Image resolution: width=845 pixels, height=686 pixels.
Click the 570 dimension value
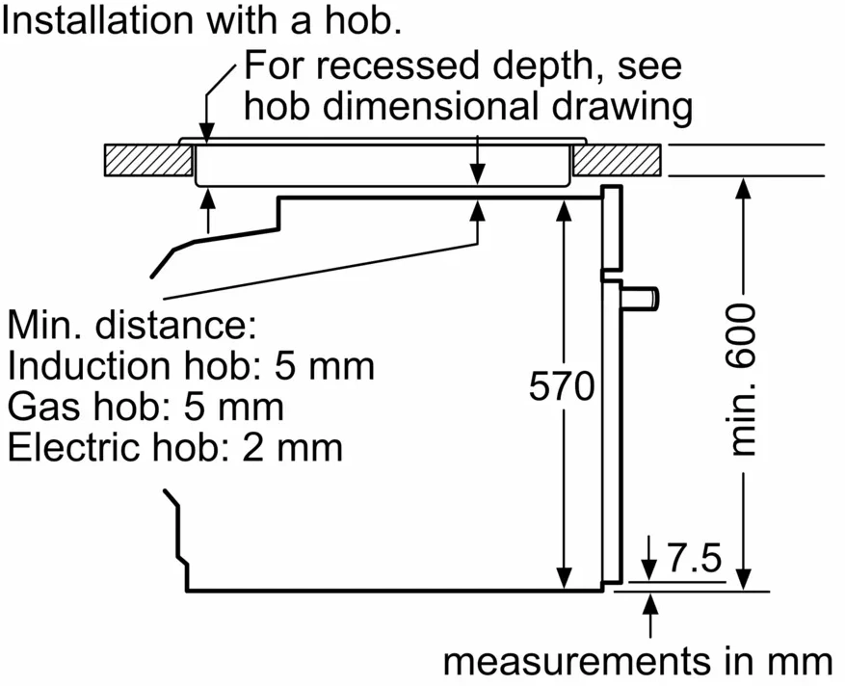563,387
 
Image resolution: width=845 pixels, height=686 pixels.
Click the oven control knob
643,297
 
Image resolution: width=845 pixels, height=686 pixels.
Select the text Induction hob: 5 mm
191,366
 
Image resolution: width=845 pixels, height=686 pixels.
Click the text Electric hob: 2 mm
175,447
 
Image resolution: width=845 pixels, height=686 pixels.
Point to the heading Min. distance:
132,325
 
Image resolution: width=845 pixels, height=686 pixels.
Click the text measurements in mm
638,662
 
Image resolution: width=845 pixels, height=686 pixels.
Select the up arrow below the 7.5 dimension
651,605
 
